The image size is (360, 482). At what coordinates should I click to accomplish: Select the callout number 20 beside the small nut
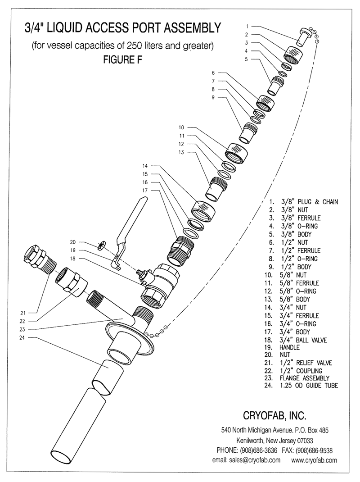pos(73,241)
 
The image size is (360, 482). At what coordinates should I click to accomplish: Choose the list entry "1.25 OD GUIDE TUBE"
pos(308,386)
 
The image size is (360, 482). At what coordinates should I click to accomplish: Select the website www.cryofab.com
pos(315,460)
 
